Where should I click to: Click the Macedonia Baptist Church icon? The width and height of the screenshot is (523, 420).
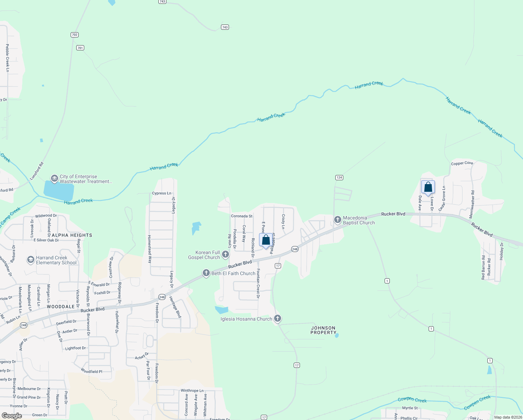click(x=337, y=220)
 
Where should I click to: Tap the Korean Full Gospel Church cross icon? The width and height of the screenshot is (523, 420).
click(x=225, y=254)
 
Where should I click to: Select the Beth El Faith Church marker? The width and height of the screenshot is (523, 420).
click(x=206, y=273)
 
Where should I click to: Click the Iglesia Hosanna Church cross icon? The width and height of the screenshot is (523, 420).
click(x=278, y=318)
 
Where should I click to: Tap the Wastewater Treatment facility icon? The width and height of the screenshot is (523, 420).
click(x=54, y=179)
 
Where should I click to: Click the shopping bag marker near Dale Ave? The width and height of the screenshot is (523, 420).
click(x=428, y=188)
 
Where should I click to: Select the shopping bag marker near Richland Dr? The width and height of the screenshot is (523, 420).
click(x=266, y=240)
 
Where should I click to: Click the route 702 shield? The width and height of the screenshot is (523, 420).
click(x=74, y=35)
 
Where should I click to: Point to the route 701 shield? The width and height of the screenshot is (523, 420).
click(x=80, y=48)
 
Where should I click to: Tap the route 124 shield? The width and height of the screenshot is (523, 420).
click(x=339, y=177)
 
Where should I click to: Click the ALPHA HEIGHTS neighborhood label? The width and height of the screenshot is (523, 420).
click(x=72, y=235)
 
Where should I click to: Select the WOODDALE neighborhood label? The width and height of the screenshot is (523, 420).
click(x=61, y=307)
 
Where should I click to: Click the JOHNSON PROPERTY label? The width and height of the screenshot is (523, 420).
click(x=323, y=330)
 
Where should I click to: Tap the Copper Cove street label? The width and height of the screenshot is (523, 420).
click(x=462, y=163)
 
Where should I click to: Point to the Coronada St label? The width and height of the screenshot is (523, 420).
click(x=242, y=216)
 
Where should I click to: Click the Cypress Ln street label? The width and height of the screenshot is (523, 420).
click(x=162, y=193)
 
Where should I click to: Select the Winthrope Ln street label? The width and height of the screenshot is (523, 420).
click(x=192, y=391)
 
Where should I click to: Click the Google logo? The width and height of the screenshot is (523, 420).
click(x=12, y=416)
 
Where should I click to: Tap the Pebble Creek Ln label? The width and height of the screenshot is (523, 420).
click(x=7, y=58)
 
